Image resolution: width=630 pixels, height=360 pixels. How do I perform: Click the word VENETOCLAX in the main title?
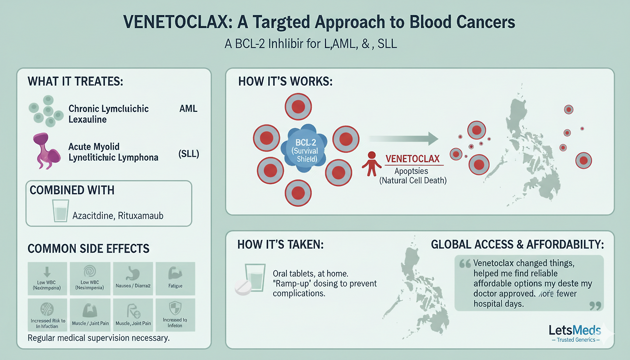click(x=159, y=23)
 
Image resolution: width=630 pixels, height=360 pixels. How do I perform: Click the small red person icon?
click(x=371, y=164)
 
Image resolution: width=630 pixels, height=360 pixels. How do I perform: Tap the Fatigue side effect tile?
click(x=175, y=278)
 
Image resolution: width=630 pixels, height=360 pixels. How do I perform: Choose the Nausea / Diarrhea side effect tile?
click(x=132, y=278)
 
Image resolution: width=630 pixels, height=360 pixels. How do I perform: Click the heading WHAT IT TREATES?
click(x=75, y=81)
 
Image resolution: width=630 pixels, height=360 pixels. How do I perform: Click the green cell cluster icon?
click(x=46, y=108)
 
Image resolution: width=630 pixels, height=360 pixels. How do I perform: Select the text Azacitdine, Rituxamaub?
click(x=118, y=216)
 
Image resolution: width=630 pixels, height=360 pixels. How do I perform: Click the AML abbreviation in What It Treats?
click(x=189, y=109)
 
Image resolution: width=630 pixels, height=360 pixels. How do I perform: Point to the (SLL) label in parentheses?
click(x=188, y=154)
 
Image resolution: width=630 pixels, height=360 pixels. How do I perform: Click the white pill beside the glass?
click(x=243, y=288)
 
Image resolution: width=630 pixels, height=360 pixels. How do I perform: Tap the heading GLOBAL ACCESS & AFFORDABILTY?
click(x=517, y=245)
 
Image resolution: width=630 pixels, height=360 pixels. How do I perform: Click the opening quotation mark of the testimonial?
click(x=465, y=264)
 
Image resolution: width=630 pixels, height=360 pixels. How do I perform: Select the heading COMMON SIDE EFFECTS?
click(x=89, y=249)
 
